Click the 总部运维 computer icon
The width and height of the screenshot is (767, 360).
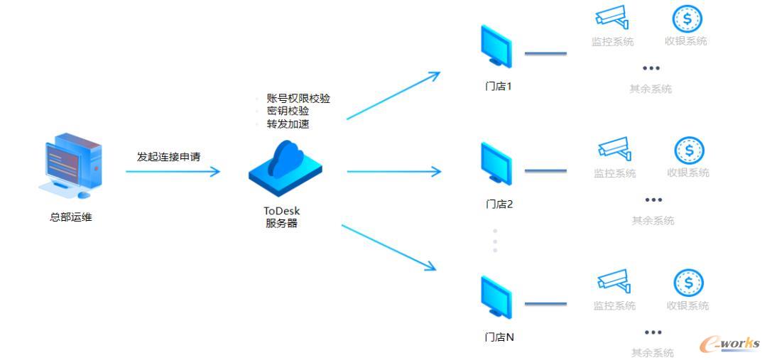70,166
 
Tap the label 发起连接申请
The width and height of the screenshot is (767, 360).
168,157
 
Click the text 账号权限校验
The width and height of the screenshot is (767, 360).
298,98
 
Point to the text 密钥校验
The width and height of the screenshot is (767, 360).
288,111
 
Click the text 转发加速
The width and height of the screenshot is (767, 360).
288,124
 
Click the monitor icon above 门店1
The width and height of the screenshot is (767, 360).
496,45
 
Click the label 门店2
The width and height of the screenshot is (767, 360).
499,204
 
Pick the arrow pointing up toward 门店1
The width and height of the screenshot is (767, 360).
393,95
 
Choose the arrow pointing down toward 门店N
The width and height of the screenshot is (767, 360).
388,248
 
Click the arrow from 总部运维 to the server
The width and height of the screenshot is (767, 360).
173,171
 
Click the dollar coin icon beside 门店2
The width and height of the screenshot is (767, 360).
689,150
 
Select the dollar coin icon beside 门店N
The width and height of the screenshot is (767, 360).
688,283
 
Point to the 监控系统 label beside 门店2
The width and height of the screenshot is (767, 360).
615,173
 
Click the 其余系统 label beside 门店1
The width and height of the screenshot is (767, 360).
650,89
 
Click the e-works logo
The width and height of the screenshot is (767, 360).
730,344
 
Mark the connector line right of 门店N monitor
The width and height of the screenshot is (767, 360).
545,304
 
